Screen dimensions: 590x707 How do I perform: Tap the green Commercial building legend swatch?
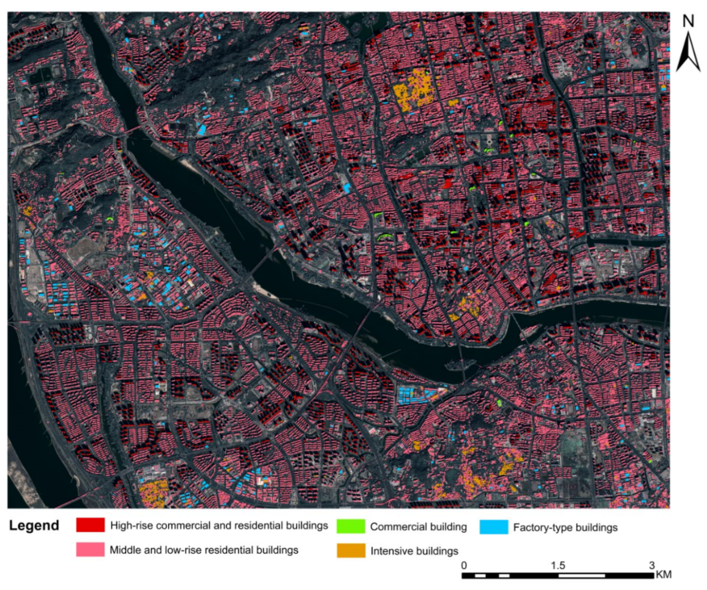(x=350, y=526)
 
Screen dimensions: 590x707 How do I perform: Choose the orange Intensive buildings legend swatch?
(x=351, y=551)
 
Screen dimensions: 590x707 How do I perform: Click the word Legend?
(x=34, y=526)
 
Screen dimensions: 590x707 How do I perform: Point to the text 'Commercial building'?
(x=418, y=527)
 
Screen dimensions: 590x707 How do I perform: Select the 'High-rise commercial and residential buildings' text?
(x=219, y=525)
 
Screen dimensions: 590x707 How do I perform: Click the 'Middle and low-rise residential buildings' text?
(x=204, y=550)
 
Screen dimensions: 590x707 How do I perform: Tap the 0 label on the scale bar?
(x=464, y=565)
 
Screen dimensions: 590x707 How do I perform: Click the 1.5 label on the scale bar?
(x=558, y=565)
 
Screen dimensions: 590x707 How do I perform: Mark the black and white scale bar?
(x=558, y=575)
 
